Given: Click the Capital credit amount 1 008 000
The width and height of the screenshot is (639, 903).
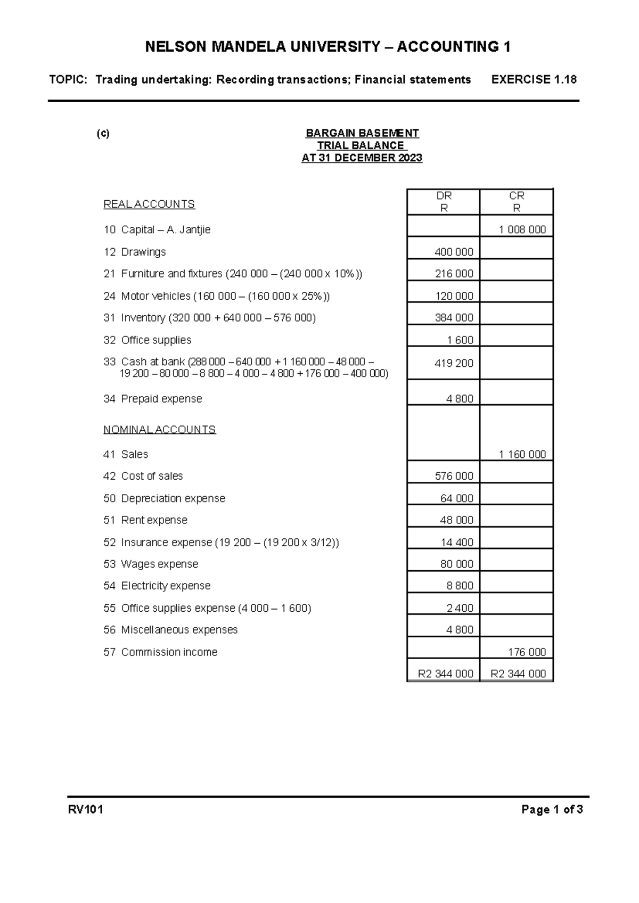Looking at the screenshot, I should click(x=522, y=230).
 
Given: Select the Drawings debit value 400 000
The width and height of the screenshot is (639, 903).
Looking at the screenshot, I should click(x=454, y=252).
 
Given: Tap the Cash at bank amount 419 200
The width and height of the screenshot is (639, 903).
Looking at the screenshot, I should click(x=454, y=363).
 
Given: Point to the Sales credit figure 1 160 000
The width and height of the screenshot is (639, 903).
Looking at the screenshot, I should click(x=522, y=455).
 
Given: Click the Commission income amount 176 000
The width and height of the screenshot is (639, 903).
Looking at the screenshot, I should click(x=527, y=652).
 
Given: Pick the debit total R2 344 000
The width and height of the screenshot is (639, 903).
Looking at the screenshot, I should click(x=445, y=674).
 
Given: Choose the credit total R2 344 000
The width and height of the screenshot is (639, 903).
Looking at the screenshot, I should click(x=518, y=674).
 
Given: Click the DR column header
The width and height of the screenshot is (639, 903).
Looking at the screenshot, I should click(x=444, y=196).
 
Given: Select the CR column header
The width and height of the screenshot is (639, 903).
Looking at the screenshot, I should click(x=517, y=196).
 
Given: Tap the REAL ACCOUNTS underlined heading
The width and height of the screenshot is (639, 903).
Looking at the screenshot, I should click(x=149, y=204).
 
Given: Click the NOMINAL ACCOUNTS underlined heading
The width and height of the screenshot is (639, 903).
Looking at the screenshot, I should click(x=159, y=430).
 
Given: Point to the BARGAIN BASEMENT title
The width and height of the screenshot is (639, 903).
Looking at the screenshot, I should click(x=362, y=133).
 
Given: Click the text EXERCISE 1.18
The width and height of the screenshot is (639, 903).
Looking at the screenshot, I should click(x=534, y=80).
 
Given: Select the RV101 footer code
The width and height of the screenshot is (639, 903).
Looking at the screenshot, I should click(x=85, y=810).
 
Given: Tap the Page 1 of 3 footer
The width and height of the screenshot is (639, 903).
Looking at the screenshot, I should click(x=552, y=810).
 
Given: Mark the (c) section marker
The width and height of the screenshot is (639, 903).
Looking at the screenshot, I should click(x=103, y=134).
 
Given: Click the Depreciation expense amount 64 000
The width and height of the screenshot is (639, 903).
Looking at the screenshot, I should click(x=456, y=499).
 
